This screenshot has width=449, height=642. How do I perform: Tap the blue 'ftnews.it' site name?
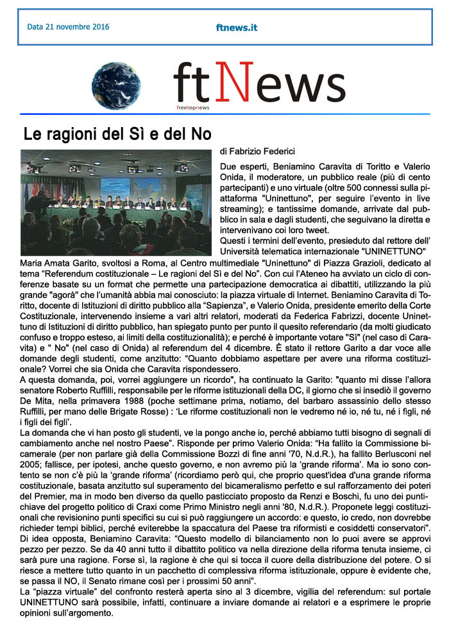coord(237,28)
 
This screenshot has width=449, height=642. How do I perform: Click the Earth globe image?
coord(117,85)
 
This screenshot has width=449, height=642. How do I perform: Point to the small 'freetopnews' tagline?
coord(192,107)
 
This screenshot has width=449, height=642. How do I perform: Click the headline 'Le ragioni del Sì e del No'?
coord(117,135)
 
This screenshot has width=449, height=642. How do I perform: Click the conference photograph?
coord(115,202)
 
